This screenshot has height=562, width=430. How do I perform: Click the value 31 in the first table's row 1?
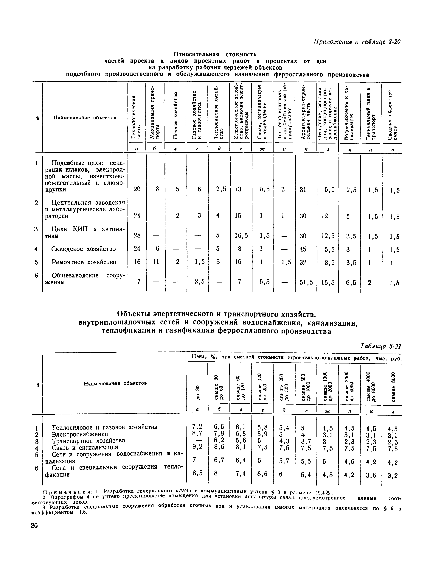[x=303, y=189]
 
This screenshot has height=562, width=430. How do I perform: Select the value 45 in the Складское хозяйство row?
[x=303, y=249]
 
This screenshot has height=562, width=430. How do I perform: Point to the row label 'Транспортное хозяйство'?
[x=88, y=441]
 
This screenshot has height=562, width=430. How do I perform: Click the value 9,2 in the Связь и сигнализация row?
[x=197, y=447]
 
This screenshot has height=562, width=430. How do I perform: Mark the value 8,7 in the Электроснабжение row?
[x=197, y=433]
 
